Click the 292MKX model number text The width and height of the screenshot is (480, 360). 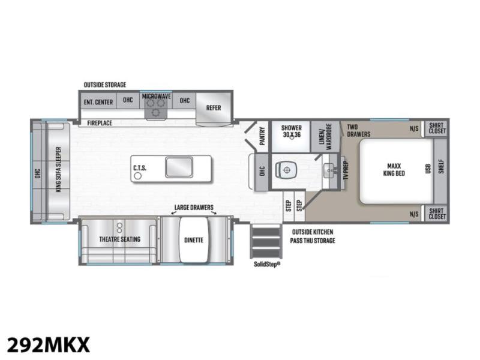click(49, 344)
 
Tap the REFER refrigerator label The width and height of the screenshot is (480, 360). click(214, 108)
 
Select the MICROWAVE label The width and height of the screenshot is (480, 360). click(157, 96)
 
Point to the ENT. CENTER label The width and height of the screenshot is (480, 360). click(98, 102)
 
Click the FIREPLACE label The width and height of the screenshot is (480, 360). click(100, 123)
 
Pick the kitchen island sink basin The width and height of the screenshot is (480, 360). click(179, 167)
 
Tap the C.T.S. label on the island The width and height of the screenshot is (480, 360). click(140, 168)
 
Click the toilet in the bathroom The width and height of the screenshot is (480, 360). click(286, 170)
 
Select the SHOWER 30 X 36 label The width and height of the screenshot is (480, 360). click(292, 131)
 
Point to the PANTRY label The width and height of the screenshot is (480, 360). click(262, 136)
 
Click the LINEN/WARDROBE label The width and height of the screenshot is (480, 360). click(325, 137)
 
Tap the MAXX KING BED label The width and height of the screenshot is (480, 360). click(394, 170)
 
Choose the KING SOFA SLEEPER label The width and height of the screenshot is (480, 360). click(58, 170)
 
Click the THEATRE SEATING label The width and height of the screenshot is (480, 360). click(119, 239)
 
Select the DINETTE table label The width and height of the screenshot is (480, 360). click(194, 240)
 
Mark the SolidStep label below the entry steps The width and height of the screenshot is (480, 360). click(267, 264)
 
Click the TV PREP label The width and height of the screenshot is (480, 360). click(346, 170)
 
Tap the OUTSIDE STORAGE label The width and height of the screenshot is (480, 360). click(104, 85)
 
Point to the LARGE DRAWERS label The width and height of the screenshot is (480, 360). click(194, 207)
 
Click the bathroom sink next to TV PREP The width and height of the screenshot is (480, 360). click(329, 169)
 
